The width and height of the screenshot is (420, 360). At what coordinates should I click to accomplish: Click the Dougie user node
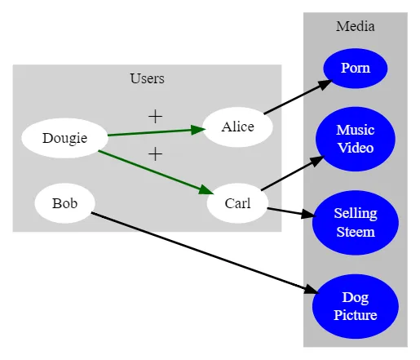click(x=64, y=138)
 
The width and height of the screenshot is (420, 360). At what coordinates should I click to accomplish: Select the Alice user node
click(x=237, y=127)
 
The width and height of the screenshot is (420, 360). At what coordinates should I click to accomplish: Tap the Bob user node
click(x=64, y=203)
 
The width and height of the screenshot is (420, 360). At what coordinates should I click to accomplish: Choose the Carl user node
click(x=237, y=203)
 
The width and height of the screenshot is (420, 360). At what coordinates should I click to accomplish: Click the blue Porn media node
click(x=356, y=69)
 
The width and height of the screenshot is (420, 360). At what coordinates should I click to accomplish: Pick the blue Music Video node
click(x=356, y=139)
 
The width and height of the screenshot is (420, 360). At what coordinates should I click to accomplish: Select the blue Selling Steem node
click(x=356, y=223)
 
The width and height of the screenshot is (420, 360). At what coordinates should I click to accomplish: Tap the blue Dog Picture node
click(x=356, y=306)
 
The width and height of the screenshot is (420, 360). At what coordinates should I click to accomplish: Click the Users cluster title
click(x=147, y=78)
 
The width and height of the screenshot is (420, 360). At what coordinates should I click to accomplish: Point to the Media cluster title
click(x=356, y=26)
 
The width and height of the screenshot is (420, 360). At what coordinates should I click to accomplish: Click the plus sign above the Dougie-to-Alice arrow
click(x=156, y=117)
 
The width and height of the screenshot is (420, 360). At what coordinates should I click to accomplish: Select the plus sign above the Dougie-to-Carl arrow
click(x=156, y=154)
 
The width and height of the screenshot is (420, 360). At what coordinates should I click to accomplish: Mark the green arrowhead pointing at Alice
click(x=198, y=130)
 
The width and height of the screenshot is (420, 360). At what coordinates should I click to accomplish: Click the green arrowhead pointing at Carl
click(x=206, y=190)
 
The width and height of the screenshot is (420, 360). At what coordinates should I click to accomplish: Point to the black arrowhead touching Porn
click(x=325, y=85)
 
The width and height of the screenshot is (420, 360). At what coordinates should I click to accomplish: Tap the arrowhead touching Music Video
click(x=317, y=161)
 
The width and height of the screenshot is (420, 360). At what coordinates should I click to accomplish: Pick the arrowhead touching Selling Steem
click(x=308, y=214)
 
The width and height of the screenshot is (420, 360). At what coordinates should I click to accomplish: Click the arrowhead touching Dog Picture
click(x=312, y=289)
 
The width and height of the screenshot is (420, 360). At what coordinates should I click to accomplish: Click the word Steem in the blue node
click(x=356, y=232)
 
